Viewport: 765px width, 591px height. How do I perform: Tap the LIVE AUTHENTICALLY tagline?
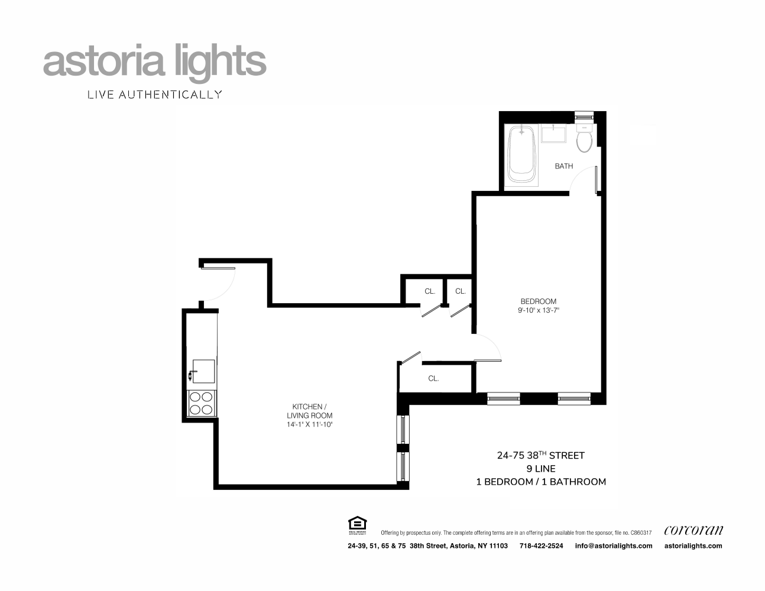click(154, 94)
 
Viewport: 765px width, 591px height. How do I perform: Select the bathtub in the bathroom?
click(521, 155)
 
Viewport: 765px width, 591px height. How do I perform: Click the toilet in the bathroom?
click(584, 140)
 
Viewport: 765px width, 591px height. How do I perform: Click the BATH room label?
click(563, 166)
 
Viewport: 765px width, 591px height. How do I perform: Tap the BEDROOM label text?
click(538, 301)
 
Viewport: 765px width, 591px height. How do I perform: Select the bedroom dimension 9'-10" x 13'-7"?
click(538, 310)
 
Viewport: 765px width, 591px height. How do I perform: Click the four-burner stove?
click(201, 402)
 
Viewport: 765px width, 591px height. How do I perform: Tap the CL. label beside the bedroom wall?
click(461, 291)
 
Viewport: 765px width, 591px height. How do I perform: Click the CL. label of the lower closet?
click(433, 378)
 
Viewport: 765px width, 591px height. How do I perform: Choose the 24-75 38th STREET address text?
click(540, 455)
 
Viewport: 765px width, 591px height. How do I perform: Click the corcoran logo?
click(693, 530)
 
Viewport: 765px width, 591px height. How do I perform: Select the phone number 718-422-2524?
click(541, 545)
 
